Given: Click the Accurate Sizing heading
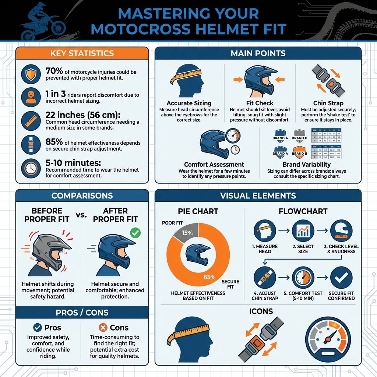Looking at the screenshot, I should coord(188,103).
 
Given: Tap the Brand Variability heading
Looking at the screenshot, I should coord(306,165).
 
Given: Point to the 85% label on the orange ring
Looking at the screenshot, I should coord(209,277).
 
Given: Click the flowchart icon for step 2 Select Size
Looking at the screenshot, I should coord(303,231).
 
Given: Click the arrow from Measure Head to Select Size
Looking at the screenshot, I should coord(283,231).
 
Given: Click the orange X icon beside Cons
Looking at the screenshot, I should coord(103,327).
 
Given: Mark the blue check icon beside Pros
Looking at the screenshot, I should coord(37,327).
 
